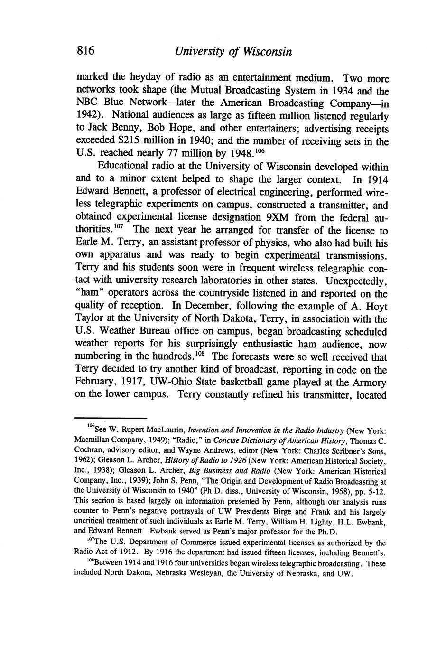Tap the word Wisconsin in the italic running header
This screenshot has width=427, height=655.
[x=265, y=51]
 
